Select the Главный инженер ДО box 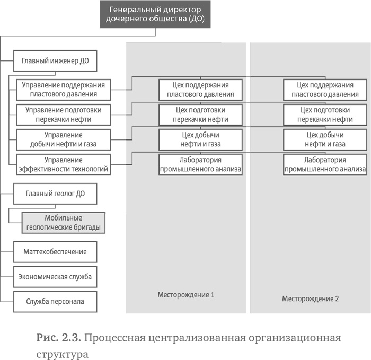pyautogui.click(x=55, y=61)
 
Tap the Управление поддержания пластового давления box pyautogui.click(x=63, y=90)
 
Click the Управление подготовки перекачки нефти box pyautogui.click(x=63, y=115)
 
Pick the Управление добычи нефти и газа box pyautogui.click(x=63, y=139)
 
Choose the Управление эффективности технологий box pyautogui.click(x=63, y=165)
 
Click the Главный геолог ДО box pyautogui.click(x=55, y=194)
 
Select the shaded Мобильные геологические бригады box pyautogui.click(x=63, y=223)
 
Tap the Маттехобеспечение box pyautogui.click(x=55, y=251)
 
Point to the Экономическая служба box pyautogui.click(x=55, y=277)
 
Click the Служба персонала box pyautogui.click(x=55, y=302)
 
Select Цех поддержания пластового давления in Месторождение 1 pyautogui.click(x=200, y=90)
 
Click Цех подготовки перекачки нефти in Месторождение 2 pyautogui.click(x=325, y=115)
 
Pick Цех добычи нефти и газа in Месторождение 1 pyautogui.click(x=200, y=139)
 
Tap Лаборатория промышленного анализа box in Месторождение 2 pyautogui.click(x=325, y=165)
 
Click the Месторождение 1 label pyautogui.click(x=185, y=294)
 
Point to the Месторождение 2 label pyautogui.click(x=310, y=298)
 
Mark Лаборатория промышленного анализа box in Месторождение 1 pyautogui.click(x=200, y=165)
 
